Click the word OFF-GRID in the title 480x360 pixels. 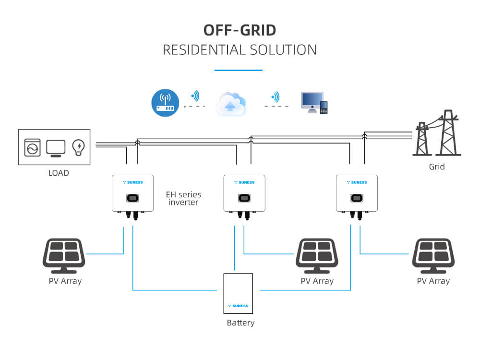[240, 30]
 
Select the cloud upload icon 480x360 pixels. [231, 104]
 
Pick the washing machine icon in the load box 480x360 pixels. [33, 147]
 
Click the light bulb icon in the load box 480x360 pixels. [78, 147]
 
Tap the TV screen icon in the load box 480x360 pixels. [56, 148]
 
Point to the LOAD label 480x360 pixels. [59, 173]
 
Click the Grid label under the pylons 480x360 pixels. [437, 167]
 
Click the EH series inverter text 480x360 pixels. [183, 199]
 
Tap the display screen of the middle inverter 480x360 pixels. [245, 198]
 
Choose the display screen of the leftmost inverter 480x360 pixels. [133, 198]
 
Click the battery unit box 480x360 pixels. [238, 293]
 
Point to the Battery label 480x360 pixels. [240, 323]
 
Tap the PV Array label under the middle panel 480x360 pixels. [317, 281]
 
